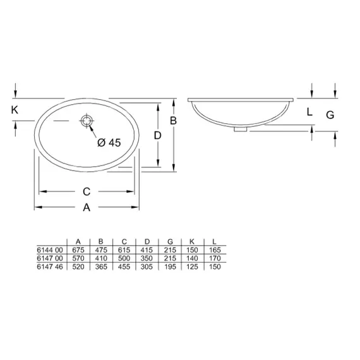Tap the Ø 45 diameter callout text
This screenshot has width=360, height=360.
click(x=109, y=143)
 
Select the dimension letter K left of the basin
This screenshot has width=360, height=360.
click(x=15, y=110)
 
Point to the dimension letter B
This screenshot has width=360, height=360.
click(x=173, y=121)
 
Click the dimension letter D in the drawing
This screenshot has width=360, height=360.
click(x=157, y=135)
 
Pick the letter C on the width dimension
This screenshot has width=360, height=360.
click(x=87, y=191)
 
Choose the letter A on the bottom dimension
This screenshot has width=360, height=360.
click(x=87, y=207)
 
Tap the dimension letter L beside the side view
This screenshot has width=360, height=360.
click(x=309, y=112)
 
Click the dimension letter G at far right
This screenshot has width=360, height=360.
click(x=330, y=115)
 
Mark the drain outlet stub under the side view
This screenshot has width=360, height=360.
click(x=241, y=129)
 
